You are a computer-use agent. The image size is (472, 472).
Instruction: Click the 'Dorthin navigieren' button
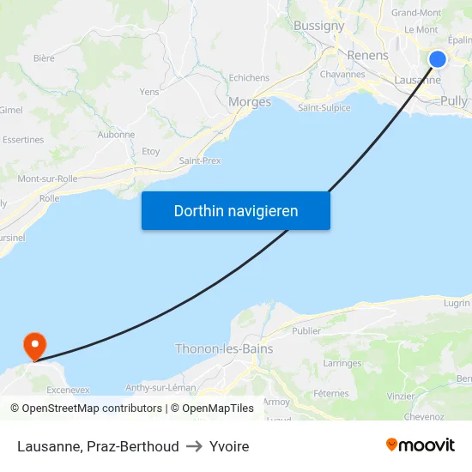(236, 210)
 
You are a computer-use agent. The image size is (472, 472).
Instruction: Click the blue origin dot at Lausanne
(438, 59)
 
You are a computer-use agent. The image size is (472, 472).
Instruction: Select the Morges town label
(250, 102)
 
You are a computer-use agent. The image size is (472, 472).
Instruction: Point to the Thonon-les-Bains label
(217, 348)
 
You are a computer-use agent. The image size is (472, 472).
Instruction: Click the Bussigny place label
(318, 26)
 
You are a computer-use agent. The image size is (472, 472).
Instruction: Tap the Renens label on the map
(367, 56)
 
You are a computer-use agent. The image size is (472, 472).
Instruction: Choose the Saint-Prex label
(201, 160)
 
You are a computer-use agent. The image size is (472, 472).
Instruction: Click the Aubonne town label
(116, 134)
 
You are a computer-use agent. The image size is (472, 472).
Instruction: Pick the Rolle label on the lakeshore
(49, 197)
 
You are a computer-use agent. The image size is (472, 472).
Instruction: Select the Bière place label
(44, 58)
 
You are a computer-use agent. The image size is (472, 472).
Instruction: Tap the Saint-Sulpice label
(324, 107)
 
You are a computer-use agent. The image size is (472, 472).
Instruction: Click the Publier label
(306, 330)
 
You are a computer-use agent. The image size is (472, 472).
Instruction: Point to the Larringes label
(342, 363)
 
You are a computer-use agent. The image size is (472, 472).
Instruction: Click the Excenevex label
(69, 389)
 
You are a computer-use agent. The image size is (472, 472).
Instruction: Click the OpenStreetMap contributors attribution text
(92, 408)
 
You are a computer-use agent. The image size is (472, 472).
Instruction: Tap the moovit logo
(420, 445)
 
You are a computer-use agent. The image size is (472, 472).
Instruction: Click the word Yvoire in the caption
(229, 446)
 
